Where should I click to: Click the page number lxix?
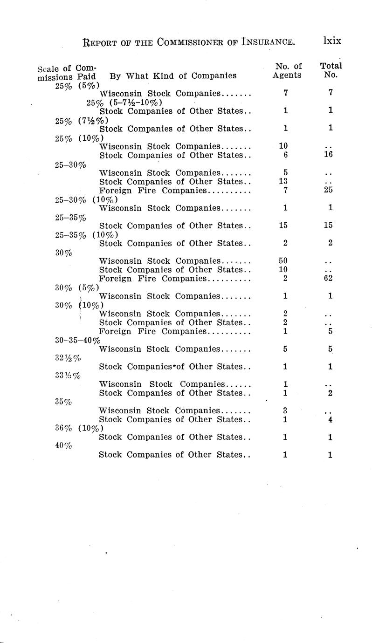[331, 41]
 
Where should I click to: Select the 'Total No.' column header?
[331, 71]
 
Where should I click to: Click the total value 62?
[330, 279]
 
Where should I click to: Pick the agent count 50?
[282, 261]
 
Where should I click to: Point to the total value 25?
[330, 190]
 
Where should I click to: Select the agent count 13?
[282, 182]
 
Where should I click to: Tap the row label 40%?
[63, 446]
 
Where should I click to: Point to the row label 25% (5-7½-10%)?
[124, 102]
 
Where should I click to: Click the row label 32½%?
[64, 358]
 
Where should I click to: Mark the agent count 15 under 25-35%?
[283, 226]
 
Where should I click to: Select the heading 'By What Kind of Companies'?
[173, 75]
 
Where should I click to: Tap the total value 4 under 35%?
[330, 420]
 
